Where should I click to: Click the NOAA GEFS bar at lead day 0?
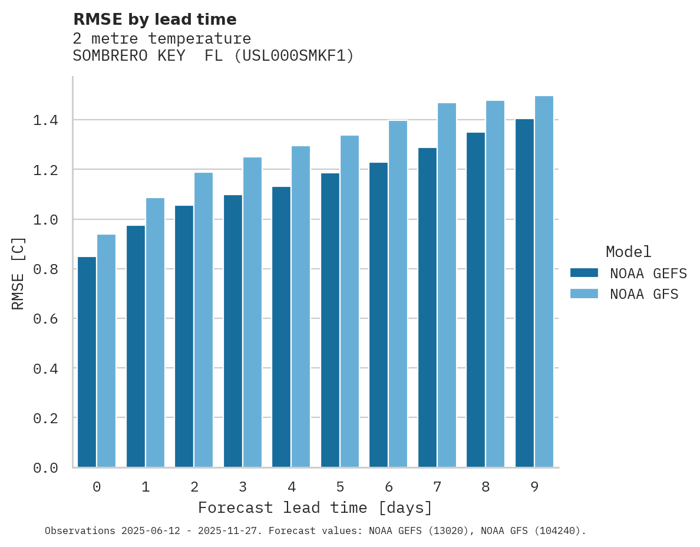point(87,362)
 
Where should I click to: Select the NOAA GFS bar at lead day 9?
point(544,282)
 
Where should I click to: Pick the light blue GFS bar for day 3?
point(252,312)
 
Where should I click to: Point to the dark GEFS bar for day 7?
point(427,307)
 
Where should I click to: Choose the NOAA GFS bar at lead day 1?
point(155,332)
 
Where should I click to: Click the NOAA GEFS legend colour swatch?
point(584,273)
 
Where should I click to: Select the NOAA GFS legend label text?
point(644,294)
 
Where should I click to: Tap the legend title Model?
point(628,252)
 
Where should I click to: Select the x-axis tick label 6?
point(389,487)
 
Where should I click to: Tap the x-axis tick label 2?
point(194,487)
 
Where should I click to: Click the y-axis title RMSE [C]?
point(18,273)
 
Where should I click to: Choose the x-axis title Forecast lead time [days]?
point(315,508)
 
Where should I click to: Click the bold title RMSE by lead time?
point(154,19)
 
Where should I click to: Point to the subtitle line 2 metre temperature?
point(161,39)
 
